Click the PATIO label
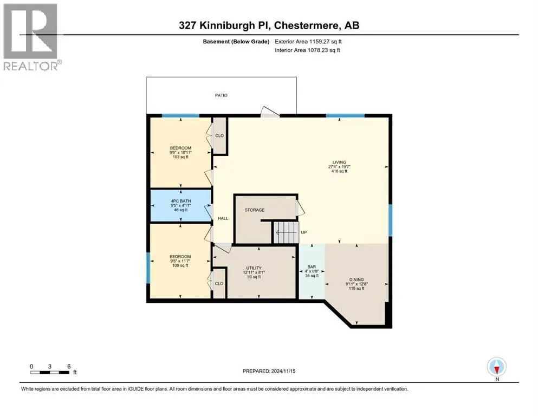pyautogui.click(x=221, y=95)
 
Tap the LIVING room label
pyautogui.click(x=340, y=161)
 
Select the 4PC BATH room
pyautogui.click(x=180, y=205)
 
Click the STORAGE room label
pyautogui.click(x=254, y=210)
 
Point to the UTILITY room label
pyautogui.click(x=254, y=268)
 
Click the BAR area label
pyautogui.click(x=311, y=266)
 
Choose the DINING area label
pyautogui.click(x=356, y=279)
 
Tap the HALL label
pyautogui.click(x=223, y=218)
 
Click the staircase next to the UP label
pyautogui.click(x=285, y=232)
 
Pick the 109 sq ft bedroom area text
pyautogui.click(x=180, y=265)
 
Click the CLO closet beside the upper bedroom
pyautogui.click(x=219, y=135)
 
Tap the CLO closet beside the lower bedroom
pyautogui.click(x=219, y=283)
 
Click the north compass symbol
pyautogui.click(x=496, y=367)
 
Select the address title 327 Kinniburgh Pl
pyautogui.click(x=269, y=25)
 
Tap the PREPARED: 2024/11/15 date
pyautogui.click(x=269, y=371)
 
